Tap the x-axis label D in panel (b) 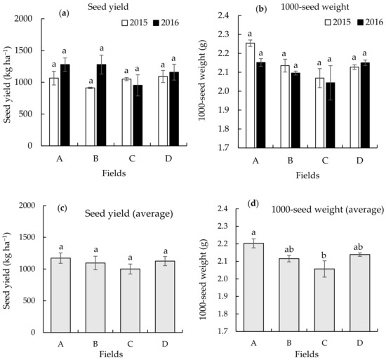tap(356, 160)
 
